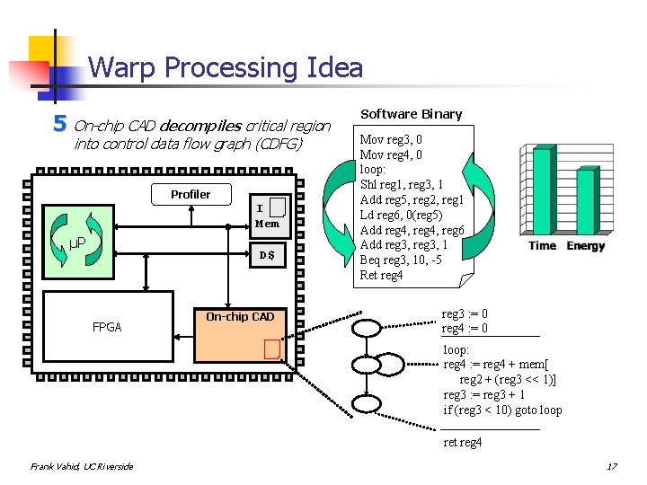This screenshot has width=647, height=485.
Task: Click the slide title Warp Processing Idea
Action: [226, 67]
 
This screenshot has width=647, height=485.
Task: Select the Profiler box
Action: [191, 195]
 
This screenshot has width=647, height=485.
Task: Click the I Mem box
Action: [268, 216]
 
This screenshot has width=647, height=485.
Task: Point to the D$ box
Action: [268, 256]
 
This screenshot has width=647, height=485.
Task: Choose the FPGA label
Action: [107, 328]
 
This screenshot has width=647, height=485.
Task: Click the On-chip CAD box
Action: [240, 317]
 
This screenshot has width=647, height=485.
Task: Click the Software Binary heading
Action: [411, 114]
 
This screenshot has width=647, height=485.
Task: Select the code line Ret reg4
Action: [381, 275]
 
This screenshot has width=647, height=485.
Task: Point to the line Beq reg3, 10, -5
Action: [401, 260]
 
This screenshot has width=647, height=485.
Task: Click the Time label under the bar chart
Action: [542, 246]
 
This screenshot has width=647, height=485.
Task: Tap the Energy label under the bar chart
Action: [585, 246]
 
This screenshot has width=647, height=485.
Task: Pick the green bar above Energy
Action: [585, 201]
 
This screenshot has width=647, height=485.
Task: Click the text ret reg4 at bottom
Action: [463, 442]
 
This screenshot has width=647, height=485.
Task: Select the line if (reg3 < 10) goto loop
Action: [502, 410]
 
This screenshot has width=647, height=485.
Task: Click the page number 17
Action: [611, 467]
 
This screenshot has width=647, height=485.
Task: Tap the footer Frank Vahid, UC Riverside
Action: [81, 466]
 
